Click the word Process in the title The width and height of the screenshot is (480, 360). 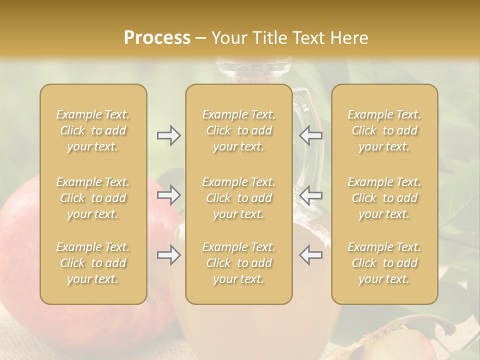(157, 38)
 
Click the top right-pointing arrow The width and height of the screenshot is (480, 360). (168, 135)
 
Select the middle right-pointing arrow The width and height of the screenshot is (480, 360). (168, 195)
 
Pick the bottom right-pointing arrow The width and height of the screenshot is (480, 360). (168, 255)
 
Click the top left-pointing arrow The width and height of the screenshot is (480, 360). (311, 135)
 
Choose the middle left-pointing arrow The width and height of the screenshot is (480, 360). (311, 195)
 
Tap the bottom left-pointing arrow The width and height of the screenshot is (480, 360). (311, 255)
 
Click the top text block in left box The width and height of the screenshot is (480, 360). (93, 130)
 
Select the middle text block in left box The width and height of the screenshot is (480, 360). (93, 198)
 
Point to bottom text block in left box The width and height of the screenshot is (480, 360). (93, 263)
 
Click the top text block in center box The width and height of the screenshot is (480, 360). (239, 130)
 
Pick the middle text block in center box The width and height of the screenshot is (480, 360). (239, 198)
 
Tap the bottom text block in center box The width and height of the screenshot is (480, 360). (239, 263)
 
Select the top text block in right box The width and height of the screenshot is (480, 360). (384, 130)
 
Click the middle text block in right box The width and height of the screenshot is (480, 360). (384, 198)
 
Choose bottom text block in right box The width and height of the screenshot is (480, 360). (384, 263)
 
